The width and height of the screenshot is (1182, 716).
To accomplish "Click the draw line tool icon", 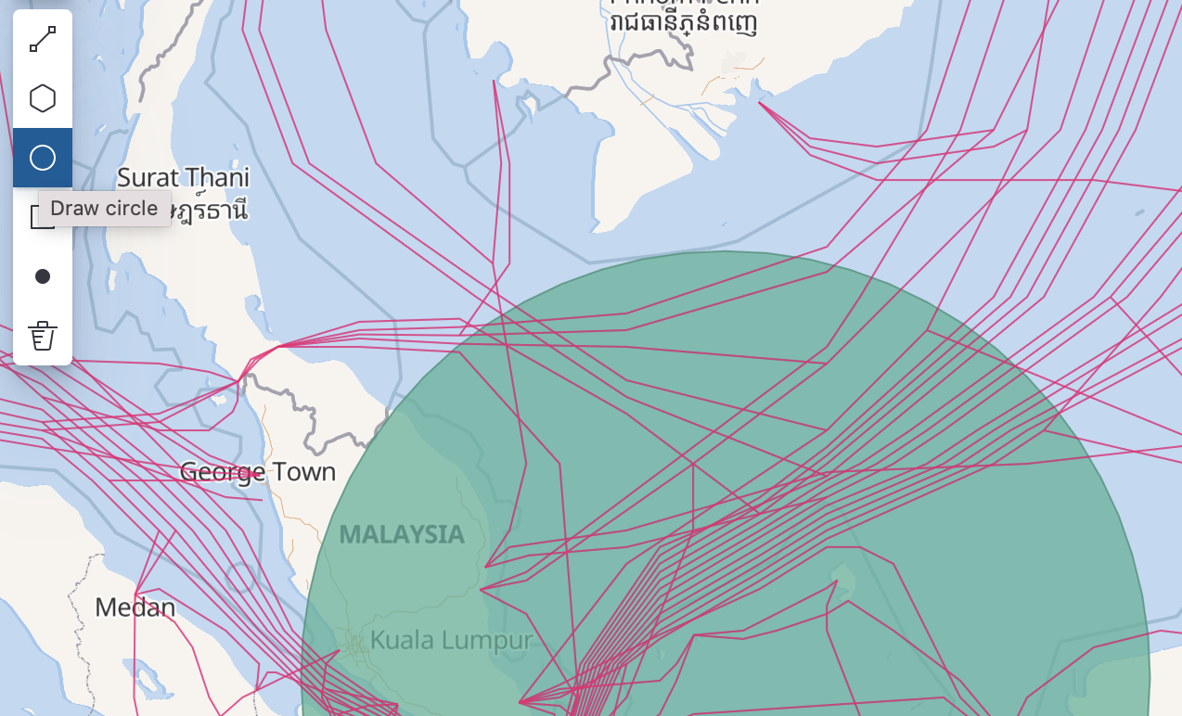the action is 43,39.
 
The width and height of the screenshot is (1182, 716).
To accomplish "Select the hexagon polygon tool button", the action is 43,98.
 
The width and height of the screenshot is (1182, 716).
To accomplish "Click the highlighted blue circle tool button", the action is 43,158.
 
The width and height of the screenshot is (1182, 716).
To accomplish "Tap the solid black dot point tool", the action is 43,276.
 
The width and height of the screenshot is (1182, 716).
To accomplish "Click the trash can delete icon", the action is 43,336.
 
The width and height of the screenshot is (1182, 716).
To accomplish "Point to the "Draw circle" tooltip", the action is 104,209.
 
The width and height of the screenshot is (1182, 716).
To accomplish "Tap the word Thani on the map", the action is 216,177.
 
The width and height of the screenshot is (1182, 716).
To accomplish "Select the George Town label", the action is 257,472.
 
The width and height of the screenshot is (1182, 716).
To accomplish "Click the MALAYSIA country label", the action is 402,534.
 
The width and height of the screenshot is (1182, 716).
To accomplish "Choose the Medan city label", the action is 135,607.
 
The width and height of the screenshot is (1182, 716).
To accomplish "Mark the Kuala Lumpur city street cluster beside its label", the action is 354,642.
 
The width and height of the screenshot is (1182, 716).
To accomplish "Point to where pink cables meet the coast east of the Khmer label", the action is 760,102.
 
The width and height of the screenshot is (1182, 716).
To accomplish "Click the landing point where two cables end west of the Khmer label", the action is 494,82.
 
